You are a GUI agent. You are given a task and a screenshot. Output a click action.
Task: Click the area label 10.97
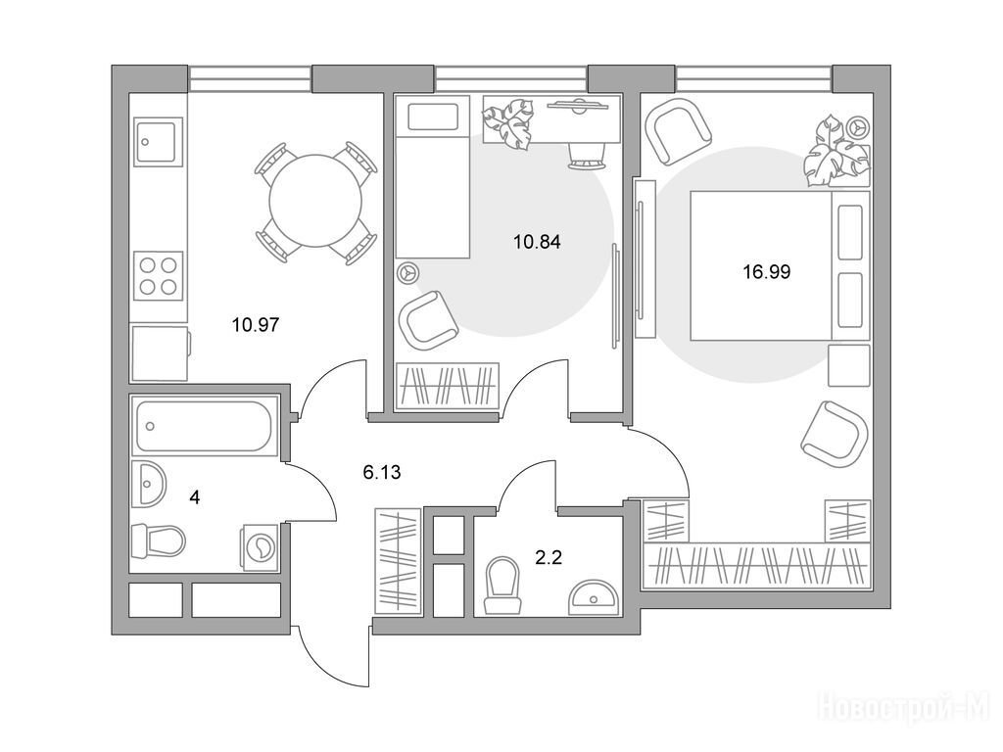point(256,325)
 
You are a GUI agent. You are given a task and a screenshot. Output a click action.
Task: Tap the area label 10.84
point(538,242)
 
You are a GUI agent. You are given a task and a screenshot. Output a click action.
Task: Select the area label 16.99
point(766,272)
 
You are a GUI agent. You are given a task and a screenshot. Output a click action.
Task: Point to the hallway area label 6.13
point(382,473)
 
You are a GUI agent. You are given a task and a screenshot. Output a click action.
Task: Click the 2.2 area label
point(549,557)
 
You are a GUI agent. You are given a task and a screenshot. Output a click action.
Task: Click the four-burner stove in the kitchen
point(158,275)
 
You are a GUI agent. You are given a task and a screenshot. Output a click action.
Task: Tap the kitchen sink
point(158,141)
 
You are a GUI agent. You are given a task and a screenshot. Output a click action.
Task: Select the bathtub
point(205,425)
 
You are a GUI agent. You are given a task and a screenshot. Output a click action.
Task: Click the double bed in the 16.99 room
point(780,265)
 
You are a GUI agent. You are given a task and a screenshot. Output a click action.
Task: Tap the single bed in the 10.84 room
point(432,177)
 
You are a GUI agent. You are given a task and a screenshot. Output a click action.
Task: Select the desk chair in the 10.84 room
point(586,156)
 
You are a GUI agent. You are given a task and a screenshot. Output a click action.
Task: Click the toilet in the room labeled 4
point(158,540)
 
